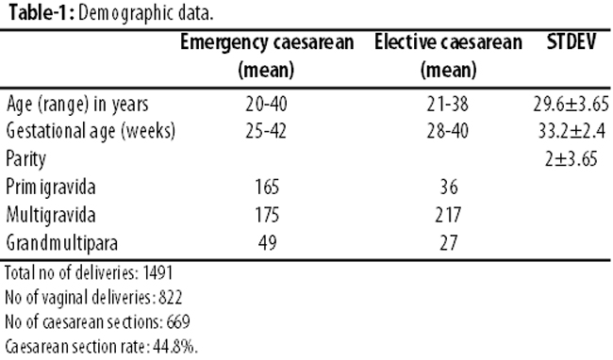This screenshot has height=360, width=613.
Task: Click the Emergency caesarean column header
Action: coord(267,57)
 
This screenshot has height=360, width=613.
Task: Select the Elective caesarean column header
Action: coord(448,57)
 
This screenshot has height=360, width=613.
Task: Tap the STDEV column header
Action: coord(572,41)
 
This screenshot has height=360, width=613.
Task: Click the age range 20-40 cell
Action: coord(267,105)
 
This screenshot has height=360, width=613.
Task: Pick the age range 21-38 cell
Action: coord(448,105)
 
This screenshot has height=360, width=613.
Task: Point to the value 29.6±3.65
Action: coord(572,105)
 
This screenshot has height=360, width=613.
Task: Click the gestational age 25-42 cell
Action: coord(266,131)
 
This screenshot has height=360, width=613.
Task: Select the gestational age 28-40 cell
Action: coord(448,131)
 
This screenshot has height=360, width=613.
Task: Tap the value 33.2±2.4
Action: coord(572,131)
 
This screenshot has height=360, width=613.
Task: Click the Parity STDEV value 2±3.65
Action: coord(572,159)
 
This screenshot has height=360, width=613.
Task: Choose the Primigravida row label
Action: coord(50,187)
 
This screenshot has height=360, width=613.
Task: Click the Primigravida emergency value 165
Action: coord(268,187)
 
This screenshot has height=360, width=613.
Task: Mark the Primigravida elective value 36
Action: coord(449,187)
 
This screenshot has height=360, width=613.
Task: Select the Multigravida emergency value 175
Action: coord(268,215)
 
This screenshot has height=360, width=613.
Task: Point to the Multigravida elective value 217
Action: coord(448,215)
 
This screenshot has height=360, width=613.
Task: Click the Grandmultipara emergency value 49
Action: coord(268,243)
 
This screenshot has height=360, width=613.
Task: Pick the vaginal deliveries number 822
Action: coord(171,298)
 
